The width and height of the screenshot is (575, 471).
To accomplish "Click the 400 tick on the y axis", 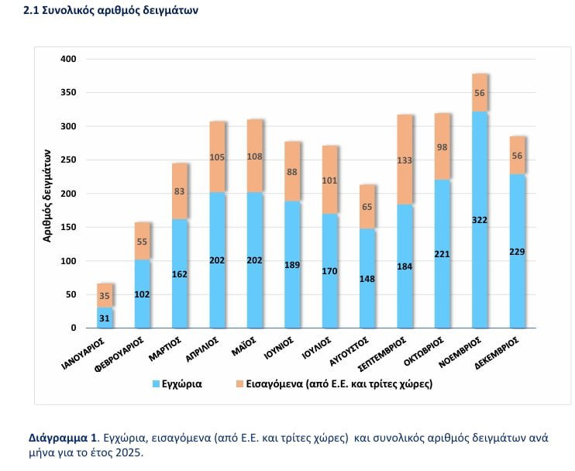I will [x=68, y=60].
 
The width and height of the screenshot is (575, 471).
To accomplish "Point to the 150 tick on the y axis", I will [x=68, y=227].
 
